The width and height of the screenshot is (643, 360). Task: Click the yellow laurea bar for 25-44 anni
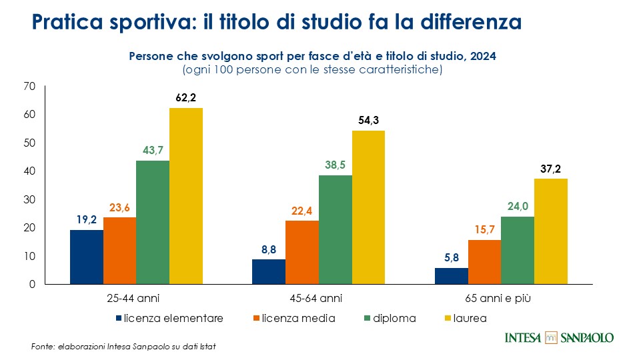click(x=185, y=196)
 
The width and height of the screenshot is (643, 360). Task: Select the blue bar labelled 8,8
click(x=269, y=271)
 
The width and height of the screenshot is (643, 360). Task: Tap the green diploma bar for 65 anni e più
click(x=517, y=250)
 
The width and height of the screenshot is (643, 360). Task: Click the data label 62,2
click(x=185, y=98)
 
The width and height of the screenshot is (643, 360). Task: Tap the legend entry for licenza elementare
click(x=169, y=318)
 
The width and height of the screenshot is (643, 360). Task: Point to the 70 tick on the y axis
click(x=29, y=86)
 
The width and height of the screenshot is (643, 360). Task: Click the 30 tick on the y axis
click(x=29, y=199)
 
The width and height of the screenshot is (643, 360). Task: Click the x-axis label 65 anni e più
click(x=500, y=297)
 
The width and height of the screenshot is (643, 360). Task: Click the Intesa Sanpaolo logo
click(x=559, y=337)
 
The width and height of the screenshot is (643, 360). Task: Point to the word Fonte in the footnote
click(x=43, y=347)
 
